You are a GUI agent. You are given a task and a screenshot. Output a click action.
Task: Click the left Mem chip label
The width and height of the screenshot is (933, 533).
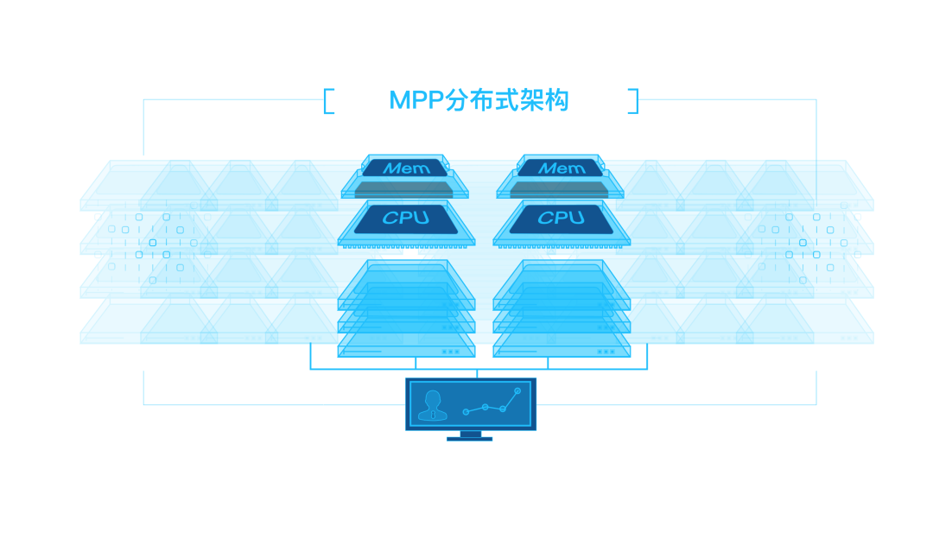[x=405, y=168]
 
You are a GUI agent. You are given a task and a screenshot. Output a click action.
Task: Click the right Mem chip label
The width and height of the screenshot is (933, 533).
[x=562, y=168]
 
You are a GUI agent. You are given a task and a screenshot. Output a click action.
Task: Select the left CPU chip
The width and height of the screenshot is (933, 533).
[x=405, y=219]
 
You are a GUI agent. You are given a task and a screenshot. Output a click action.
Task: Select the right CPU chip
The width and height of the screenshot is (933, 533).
[x=562, y=219]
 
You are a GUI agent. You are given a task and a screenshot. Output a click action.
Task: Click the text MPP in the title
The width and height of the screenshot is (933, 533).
[x=416, y=100]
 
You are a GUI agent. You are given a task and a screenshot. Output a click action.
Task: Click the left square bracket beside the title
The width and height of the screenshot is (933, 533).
[x=328, y=101]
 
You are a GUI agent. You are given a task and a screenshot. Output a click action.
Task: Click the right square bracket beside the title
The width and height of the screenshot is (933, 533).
[x=633, y=101]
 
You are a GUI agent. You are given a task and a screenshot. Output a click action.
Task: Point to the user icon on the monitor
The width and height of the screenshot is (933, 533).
[x=432, y=404]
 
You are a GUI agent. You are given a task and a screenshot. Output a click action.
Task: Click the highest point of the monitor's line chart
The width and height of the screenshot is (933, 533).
[x=517, y=391]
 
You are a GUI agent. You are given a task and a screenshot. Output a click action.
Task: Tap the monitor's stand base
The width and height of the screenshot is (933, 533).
[x=469, y=439]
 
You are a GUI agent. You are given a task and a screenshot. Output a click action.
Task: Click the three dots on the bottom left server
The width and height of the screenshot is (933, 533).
[x=450, y=352]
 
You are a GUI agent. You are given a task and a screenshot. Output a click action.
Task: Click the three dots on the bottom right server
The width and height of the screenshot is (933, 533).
[x=606, y=352]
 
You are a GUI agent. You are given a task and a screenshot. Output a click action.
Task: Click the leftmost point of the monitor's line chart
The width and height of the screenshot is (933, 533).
[x=466, y=412]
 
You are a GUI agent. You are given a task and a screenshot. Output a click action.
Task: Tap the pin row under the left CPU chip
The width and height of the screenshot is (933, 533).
[x=406, y=245]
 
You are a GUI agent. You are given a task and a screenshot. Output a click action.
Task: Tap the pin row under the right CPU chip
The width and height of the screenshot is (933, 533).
[x=562, y=245]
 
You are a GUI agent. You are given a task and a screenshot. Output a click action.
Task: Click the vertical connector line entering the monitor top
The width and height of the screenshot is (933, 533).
[x=476, y=374]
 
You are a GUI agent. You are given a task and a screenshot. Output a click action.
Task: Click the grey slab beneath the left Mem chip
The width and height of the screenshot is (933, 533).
[x=405, y=187]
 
